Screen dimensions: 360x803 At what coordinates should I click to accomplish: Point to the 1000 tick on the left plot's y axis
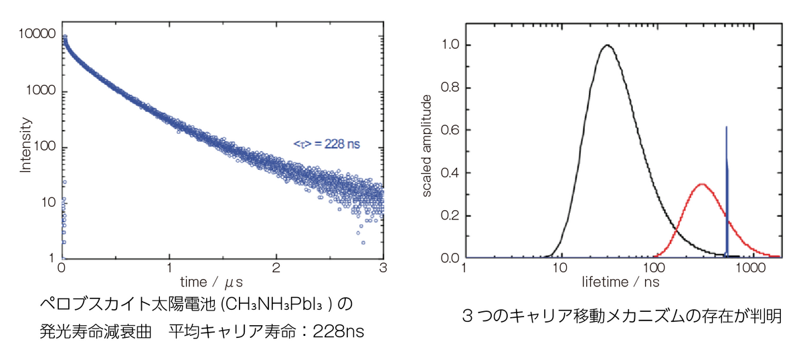[41, 92]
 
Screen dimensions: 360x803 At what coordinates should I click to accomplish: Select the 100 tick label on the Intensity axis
[43, 147]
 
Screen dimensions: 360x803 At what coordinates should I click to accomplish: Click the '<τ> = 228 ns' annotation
[326, 143]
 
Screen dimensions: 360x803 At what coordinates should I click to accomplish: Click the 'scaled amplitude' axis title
[426, 146]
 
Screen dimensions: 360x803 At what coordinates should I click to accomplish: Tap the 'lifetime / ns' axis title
[620, 282]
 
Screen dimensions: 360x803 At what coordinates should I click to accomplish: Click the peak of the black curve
[607, 46]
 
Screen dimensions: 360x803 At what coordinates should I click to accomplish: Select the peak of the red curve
[701, 184]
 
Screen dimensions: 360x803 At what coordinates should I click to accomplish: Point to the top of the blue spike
[726, 126]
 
